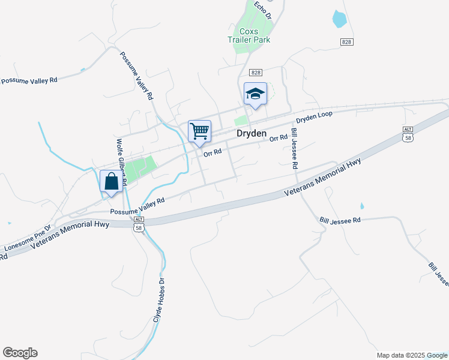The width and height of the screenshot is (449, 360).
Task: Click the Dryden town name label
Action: pos(251,134)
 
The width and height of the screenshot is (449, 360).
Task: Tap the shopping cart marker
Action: pos(199,131)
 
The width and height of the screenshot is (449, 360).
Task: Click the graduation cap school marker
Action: pos(255,94)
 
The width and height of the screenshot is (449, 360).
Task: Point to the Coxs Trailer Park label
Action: pos(249,35)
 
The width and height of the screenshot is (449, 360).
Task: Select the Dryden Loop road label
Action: pos(314,116)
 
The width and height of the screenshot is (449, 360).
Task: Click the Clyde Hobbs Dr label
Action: pos(158,301)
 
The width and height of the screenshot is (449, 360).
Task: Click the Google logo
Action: pos(20,353)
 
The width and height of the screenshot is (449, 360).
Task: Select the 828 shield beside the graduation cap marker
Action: pos(257,72)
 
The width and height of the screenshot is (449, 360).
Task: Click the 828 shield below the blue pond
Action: pos(346,41)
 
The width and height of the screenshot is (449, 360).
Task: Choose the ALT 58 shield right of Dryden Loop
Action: pos(408,134)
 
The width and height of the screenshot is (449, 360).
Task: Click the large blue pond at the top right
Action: pos(339,18)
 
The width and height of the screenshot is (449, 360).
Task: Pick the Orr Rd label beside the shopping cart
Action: pos(212,153)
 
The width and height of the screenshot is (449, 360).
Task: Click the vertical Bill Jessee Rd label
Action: pos(295,148)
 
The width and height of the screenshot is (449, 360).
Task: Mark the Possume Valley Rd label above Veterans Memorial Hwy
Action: pos(137,206)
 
